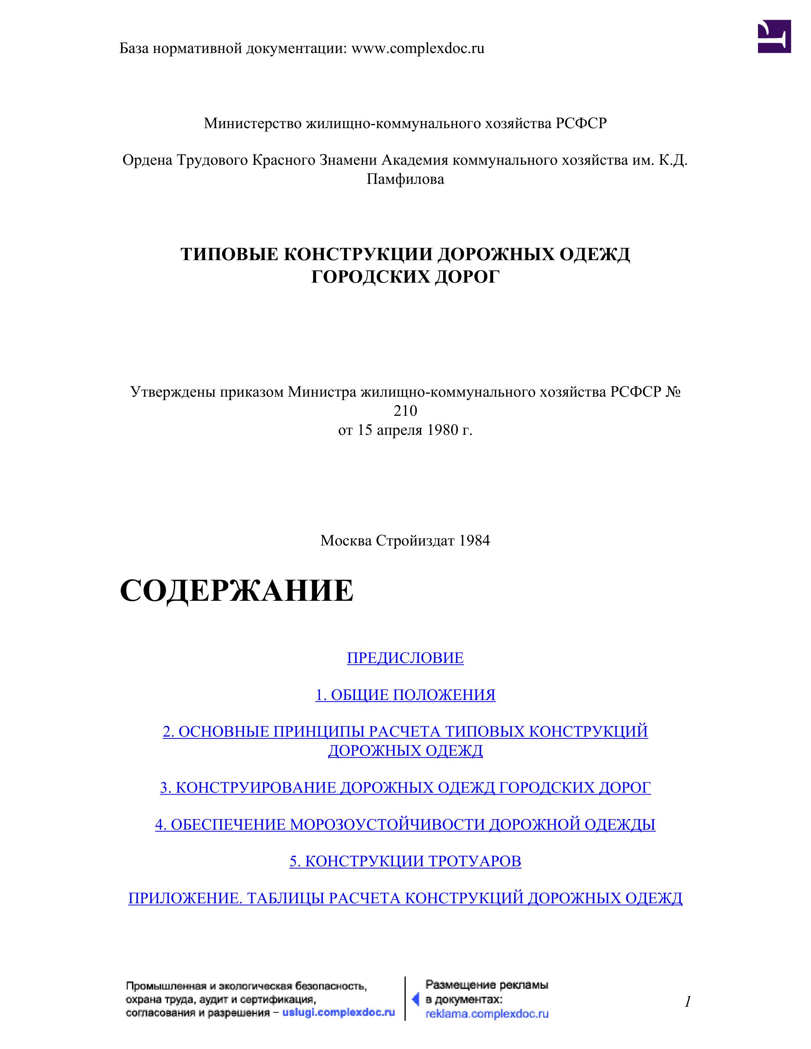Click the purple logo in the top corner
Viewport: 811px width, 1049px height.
tap(774, 37)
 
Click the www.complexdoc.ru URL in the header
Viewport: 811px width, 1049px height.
tap(418, 48)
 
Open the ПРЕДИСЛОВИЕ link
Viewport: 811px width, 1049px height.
tap(405, 658)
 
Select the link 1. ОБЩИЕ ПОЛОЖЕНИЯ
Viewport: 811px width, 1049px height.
tap(405, 695)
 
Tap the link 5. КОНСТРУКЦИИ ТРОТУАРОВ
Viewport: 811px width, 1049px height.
tap(405, 861)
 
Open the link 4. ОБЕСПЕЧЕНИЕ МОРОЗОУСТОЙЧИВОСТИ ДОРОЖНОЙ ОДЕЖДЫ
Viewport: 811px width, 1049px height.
tap(405, 824)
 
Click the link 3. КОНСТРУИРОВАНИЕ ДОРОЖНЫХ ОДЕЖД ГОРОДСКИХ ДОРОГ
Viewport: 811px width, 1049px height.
tap(405, 788)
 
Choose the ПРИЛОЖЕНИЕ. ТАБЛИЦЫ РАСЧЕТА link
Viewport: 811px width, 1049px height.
tap(405, 898)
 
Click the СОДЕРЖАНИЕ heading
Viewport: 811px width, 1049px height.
tap(236, 591)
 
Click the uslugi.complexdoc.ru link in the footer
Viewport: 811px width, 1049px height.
tap(339, 1012)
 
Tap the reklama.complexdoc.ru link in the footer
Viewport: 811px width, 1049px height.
tap(487, 1014)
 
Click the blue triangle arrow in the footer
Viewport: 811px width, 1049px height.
tap(416, 1000)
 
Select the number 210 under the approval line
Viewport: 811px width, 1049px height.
tap(405, 411)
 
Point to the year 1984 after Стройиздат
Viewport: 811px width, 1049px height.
tap(474, 541)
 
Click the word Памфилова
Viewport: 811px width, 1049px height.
tap(405, 180)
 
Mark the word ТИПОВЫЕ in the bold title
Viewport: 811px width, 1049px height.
tap(229, 254)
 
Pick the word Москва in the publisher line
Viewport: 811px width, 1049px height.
tap(346, 541)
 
